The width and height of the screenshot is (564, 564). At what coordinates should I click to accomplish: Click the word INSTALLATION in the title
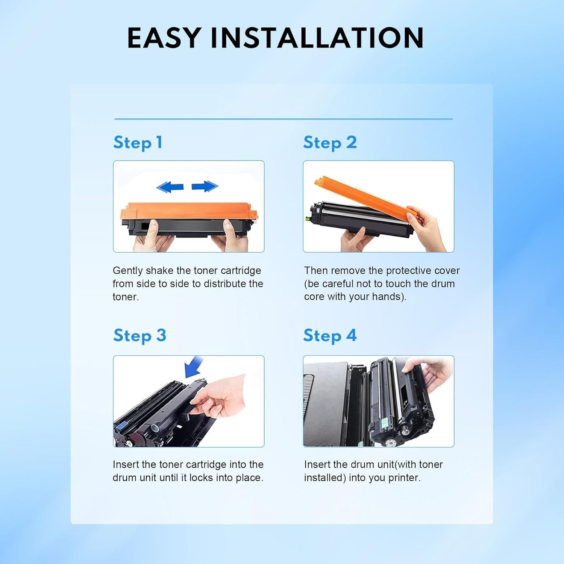[317, 38]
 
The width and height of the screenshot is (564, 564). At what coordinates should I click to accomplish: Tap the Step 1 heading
[138, 143]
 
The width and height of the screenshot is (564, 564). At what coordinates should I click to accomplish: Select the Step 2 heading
[330, 143]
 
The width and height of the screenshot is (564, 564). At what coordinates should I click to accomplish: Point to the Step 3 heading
[139, 335]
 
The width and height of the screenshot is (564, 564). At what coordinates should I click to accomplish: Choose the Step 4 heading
[330, 335]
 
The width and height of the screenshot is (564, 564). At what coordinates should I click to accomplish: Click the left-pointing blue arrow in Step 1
[170, 186]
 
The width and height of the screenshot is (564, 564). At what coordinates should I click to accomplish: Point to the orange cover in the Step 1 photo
[188, 212]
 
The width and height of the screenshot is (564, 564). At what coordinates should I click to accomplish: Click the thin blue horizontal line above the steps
[284, 119]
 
